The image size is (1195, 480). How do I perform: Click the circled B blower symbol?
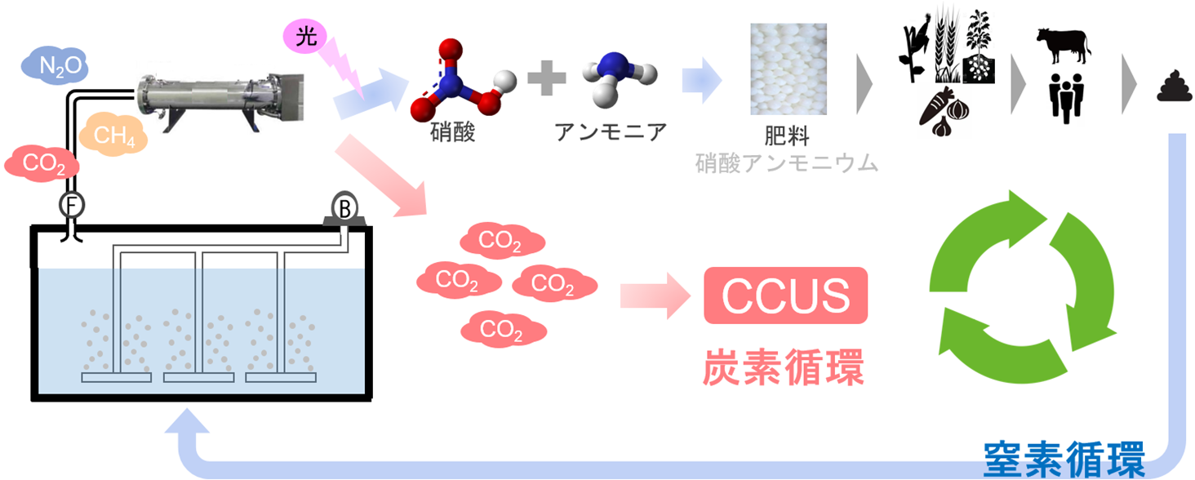(x=344, y=209)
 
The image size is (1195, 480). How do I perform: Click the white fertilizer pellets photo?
(x=789, y=69)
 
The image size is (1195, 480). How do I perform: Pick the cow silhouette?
(x=1063, y=45)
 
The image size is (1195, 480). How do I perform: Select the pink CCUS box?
(x=785, y=296)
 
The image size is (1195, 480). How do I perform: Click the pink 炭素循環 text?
(x=784, y=368)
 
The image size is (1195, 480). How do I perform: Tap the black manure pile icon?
(x=1174, y=89)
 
